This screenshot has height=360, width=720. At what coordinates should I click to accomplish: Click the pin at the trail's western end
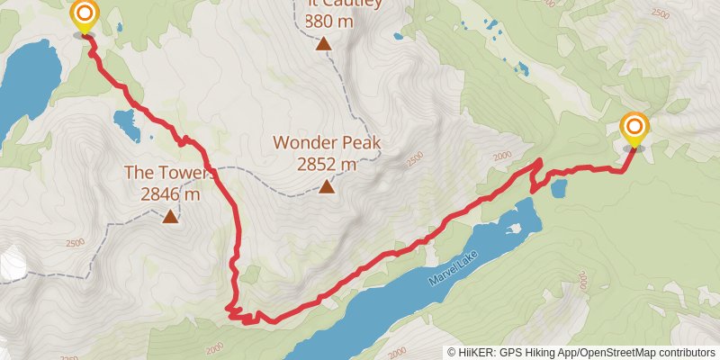click(84, 15)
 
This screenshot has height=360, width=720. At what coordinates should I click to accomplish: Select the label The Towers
click(169, 173)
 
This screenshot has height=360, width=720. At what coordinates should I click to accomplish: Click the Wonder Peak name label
click(327, 142)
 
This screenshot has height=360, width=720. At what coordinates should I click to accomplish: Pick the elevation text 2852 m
click(327, 164)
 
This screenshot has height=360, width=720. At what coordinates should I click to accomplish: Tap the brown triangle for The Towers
click(169, 215)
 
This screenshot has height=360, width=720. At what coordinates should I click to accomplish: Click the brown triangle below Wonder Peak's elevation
click(327, 186)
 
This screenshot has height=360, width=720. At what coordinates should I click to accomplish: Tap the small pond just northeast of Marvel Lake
click(558, 188)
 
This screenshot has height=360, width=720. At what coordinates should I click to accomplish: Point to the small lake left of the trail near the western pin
click(127, 123)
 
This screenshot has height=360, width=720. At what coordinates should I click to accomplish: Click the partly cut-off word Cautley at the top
click(351, 4)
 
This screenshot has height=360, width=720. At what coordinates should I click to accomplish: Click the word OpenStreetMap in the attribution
click(616, 352)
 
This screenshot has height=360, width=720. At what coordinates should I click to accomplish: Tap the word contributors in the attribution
click(684, 352)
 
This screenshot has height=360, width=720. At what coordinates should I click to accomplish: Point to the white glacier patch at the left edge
click(11, 263)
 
